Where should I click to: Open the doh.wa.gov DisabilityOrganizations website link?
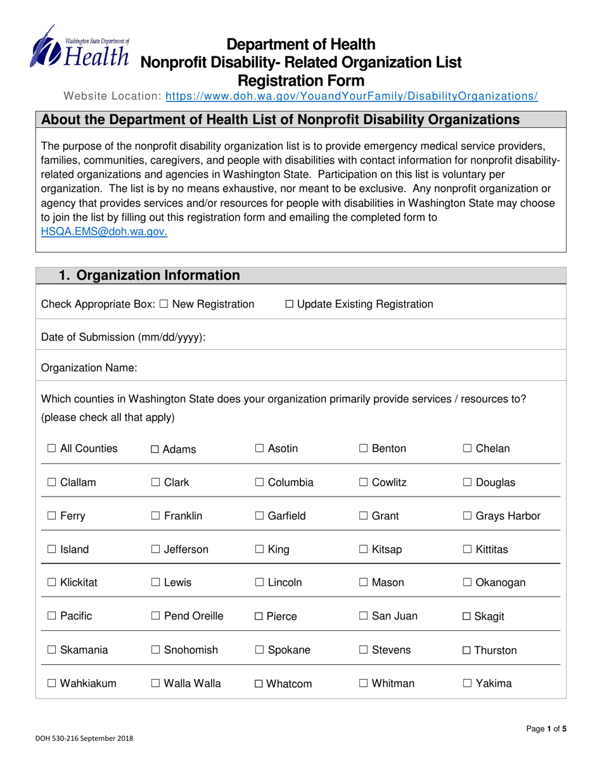coord(352,96)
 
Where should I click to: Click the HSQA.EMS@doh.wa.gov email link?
coord(104,232)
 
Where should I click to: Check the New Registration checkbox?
coord(164,305)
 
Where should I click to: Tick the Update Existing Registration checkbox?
coord(290,305)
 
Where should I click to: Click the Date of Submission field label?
coord(123,338)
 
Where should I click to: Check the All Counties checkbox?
coord(52,449)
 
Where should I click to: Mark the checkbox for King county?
coord(260,550)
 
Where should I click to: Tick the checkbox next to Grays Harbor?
coord(468,516)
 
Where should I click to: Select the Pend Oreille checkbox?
coord(156,616)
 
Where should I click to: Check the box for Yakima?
coord(468,683)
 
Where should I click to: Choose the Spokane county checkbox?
coord(260,650)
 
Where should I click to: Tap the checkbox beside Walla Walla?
coord(156,683)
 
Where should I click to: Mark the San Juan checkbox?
coord(364,616)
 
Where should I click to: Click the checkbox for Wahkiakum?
coord(52,683)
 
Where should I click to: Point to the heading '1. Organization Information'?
coord(149,275)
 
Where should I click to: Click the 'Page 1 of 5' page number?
coord(546,729)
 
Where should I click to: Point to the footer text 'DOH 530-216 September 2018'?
coord(84,738)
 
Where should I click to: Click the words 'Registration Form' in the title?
coord(300,80)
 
